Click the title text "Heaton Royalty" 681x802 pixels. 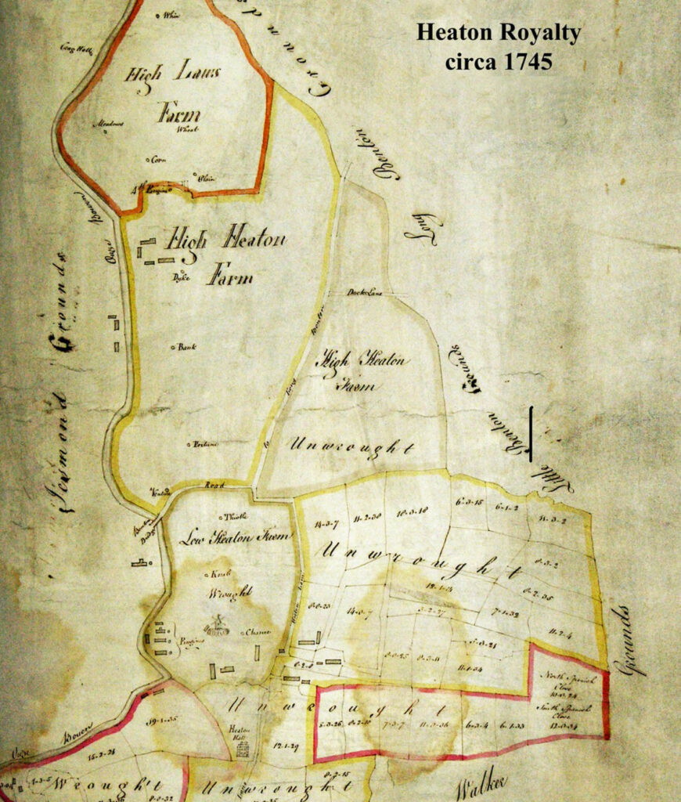point(498,33)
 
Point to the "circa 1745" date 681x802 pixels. point(499,61)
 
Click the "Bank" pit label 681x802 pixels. point(185,345)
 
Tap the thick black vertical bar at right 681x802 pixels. point(531,433)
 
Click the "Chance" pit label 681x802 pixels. point(257,632)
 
